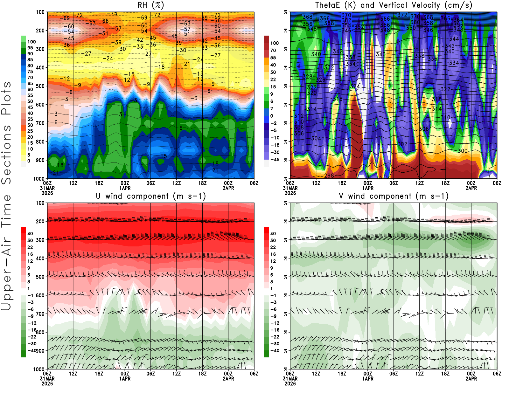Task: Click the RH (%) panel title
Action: click(150, 5)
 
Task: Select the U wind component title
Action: click(150, 196)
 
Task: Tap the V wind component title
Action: click(394, 196)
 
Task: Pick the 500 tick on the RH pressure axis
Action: click(40, 86)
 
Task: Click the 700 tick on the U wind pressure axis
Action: click(40, 314)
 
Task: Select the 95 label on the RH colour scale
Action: click(30, 48)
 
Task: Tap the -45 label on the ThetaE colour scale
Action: click(275, 160)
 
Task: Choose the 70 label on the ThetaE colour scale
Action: click(273, 50)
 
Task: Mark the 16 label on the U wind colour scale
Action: click(30, 254)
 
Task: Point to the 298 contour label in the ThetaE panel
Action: click(329, 176)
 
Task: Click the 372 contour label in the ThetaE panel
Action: click(402, 15)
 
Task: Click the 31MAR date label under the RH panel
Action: click(47, 188)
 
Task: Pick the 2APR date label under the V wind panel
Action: click(471, 379)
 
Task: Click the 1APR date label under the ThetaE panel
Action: click(368, 188)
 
